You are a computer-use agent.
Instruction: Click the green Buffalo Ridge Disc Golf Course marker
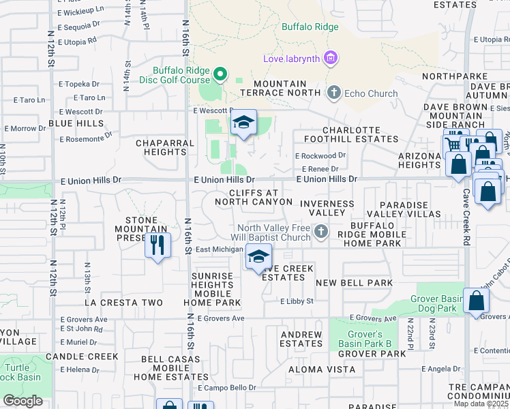click(x=220, y=74)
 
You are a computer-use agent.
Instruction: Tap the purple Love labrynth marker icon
click(x=331, y=58)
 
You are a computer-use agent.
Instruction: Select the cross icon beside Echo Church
click(x=333, y=93)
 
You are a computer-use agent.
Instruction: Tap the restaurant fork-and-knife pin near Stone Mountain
click(x=157, y=245)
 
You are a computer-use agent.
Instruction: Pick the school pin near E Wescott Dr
click(x=242, y=123)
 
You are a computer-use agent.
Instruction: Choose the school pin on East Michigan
click(x=258, y=257)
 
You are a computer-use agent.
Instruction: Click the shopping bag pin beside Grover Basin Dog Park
click(x=476, y=301)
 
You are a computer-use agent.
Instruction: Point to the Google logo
click(x=22, y=400)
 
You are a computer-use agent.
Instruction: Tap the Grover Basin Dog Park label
click(x=438, y=304)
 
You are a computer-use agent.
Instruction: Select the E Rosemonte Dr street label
click(x=85, y=138)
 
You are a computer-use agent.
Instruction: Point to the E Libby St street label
click(x=296, y=301)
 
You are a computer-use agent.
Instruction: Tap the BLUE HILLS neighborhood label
click(x=76, y=124)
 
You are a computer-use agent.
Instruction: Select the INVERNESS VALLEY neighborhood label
click(x=327, y=208)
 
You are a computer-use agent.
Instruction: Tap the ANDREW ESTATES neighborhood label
click(x=301, y=339)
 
